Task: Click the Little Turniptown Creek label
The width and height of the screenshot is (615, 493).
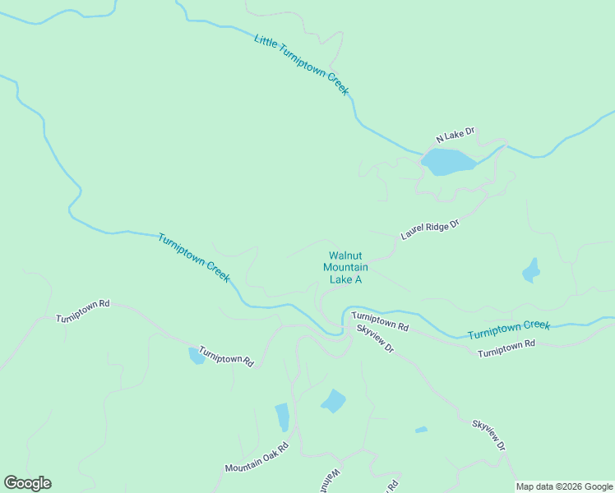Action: point(302,65)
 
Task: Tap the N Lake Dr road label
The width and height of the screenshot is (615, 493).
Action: point(455,134)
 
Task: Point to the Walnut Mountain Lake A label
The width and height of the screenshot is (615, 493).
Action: point(345,268)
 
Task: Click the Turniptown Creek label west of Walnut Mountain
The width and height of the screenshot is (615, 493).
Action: point(193,257)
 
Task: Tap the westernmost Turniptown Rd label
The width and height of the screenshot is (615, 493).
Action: point(83,311)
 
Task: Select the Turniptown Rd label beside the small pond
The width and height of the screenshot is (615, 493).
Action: point(226,356)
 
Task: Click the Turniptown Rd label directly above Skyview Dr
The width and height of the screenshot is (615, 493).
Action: point(380,320)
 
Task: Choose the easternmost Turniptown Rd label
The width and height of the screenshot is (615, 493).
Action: point(506,348)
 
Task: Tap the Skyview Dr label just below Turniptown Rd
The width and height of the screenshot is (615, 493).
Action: point(376,339)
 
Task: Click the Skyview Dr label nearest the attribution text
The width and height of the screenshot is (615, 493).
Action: point(488,435)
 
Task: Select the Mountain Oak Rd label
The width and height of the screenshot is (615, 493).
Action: point(257,458)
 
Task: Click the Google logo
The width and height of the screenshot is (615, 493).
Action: point(27,483)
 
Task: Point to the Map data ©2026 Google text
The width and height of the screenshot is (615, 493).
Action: point(564,486)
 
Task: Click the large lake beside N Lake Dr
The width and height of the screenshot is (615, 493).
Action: point(447,161)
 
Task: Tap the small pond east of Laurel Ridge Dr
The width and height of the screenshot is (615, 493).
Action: point(532,270)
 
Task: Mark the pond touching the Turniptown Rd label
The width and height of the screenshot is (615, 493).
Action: point(197,356)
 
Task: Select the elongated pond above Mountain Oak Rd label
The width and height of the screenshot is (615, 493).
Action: point(282,417)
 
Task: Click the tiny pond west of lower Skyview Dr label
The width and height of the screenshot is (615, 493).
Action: point(421,429)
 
